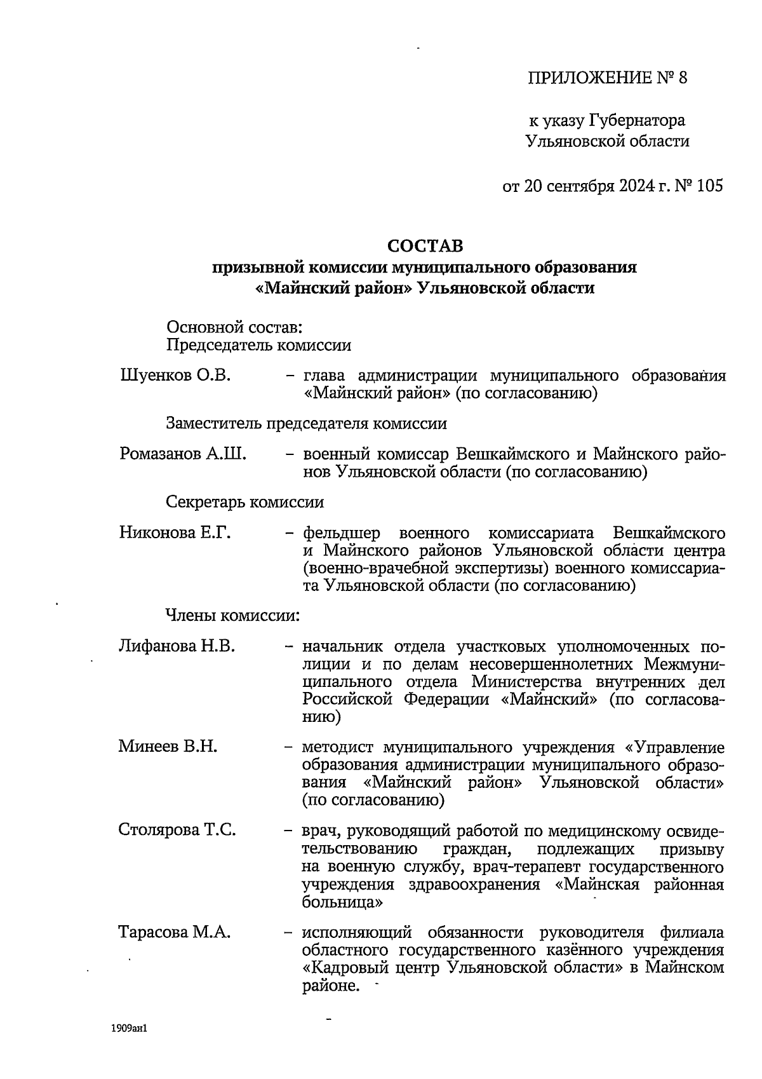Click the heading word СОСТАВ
click(x=425, y=245)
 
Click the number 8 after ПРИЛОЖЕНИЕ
click(x=683, y=78)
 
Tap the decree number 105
click(x=709, y=186)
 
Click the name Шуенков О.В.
click(x=175, y=376)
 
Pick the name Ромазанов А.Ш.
click(x=183, y=454)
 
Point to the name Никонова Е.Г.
click(x=175, y=533)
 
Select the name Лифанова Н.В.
click(x=177, y=647)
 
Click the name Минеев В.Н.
click(x=168, y=747)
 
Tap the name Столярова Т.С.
click(x=177, y=829)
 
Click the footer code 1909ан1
click(x=129, y=1028)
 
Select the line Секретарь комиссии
click(x=244, y=502)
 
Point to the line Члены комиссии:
click(x=232, y=615)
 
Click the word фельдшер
click(x=342, y=533)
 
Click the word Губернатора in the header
click(x=637, y=120)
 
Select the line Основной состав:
click(x=233, y=328)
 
